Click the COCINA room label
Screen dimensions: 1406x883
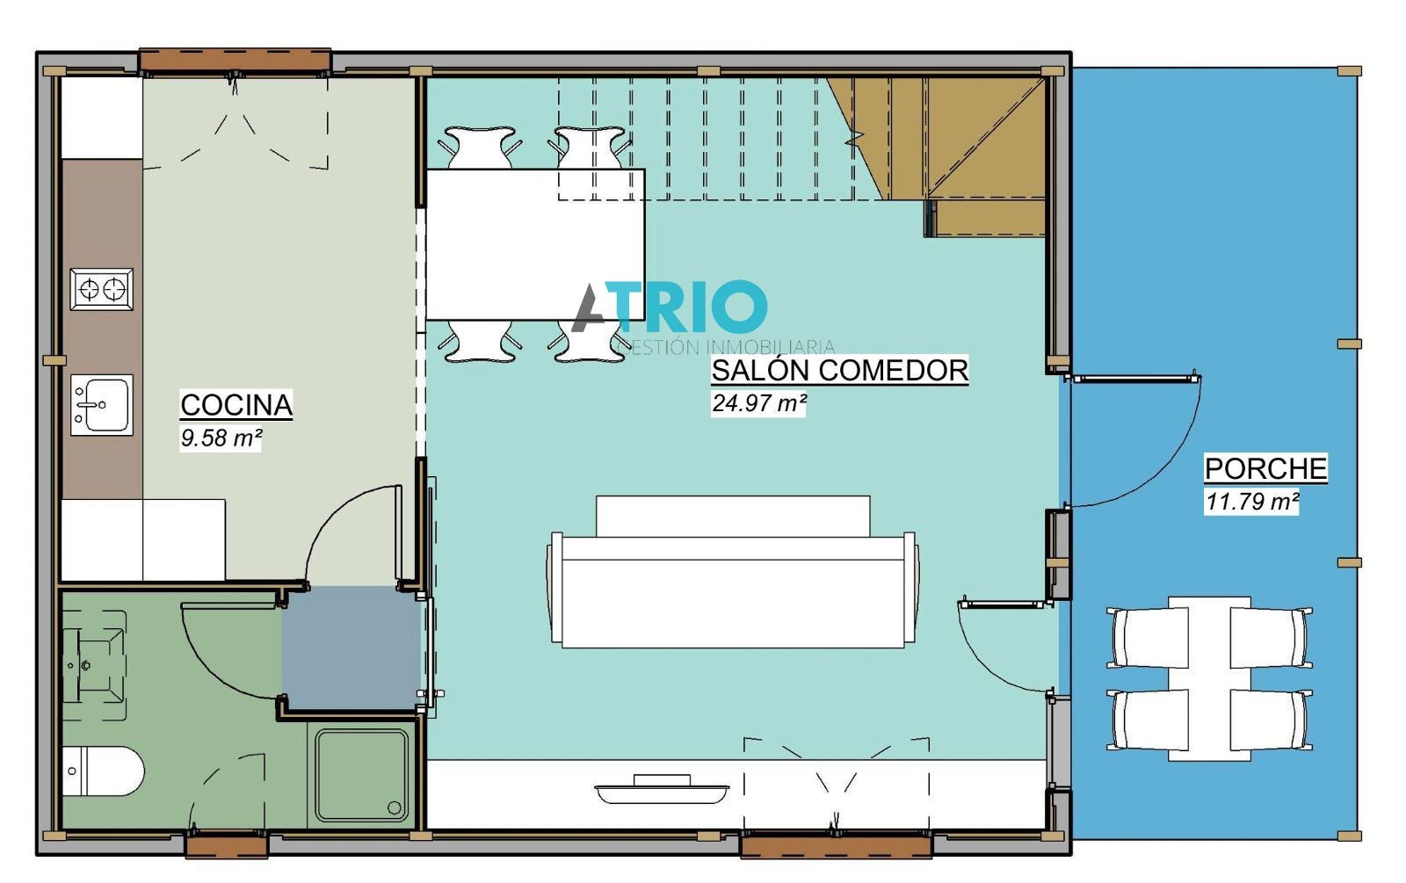(x=236, y=405)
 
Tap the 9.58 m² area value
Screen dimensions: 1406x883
(x=221, y=438)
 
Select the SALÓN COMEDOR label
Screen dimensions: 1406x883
(x=840, y=370)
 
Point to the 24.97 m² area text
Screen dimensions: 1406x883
(x=758, y=403)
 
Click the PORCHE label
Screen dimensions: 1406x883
(x=1265, y=469)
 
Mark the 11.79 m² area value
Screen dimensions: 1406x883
(x=1251, y=502)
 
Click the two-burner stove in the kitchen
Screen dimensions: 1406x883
(x=102, y=289)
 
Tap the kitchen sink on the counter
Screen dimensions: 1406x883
(x=102, y=405)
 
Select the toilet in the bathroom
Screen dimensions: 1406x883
(x=103, y=771)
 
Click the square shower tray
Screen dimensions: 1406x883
(x=361, y=776)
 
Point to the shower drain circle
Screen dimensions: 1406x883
(x=395, y=807)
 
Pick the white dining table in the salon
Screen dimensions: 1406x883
(x=535, y=245)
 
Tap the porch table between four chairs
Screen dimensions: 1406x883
(x=1209, y=679)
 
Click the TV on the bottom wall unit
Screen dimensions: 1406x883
(x=662, y=790)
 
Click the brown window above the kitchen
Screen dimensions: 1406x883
(x=235, y=61)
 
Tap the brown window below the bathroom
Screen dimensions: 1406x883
(x=227, y=845)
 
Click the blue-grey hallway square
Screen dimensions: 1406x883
(x=351, y=648)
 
